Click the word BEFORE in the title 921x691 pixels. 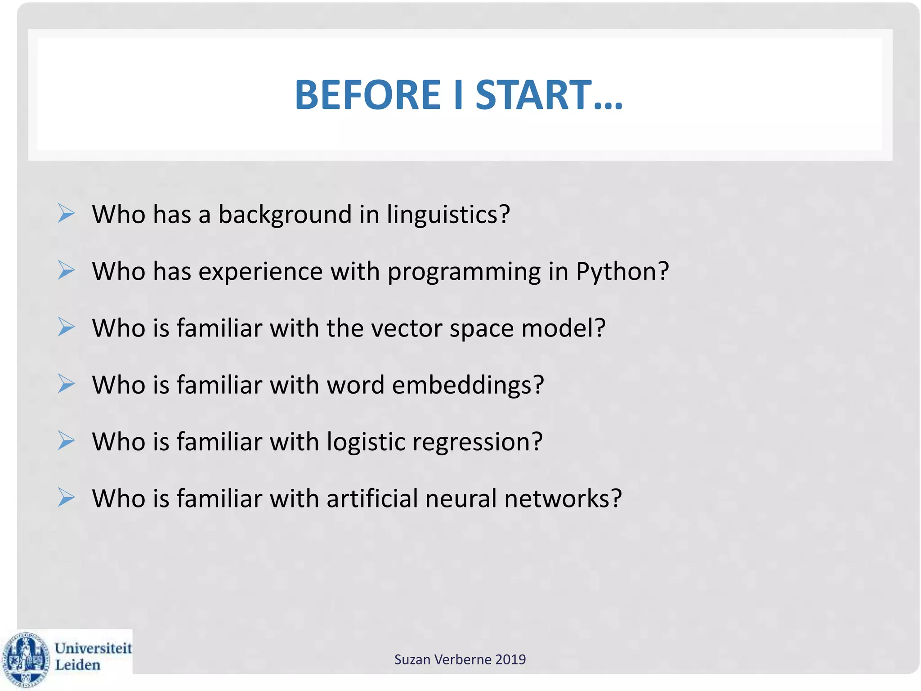367,95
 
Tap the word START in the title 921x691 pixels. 533,95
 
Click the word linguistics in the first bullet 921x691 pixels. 448,214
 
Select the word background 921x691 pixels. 285,214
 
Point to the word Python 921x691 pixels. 622,272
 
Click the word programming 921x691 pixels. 464,272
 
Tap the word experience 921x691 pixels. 261,272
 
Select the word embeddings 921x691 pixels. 468,386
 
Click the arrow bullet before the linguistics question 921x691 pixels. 66,213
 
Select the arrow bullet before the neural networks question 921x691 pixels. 66,498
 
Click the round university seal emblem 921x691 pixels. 26,660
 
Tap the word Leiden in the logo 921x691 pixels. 77,665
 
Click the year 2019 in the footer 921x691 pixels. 510,660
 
